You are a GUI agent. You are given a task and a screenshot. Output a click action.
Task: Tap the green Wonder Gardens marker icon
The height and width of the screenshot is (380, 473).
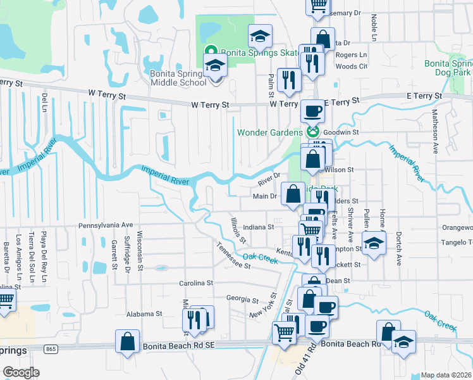pos(311,132)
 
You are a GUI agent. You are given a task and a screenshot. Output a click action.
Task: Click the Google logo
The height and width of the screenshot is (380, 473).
pos(21,372)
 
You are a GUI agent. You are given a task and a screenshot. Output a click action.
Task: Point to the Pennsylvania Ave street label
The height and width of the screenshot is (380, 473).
pos(106,225)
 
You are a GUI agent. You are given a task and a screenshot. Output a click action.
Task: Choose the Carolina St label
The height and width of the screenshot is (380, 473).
pos(196,282)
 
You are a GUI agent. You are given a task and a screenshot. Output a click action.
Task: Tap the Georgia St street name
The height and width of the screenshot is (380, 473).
pos(243,298)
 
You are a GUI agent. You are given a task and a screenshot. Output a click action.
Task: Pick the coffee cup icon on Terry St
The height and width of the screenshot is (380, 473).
pos(312,111)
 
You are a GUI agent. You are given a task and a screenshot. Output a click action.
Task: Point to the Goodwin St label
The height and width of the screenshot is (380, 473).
pos(341,132)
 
